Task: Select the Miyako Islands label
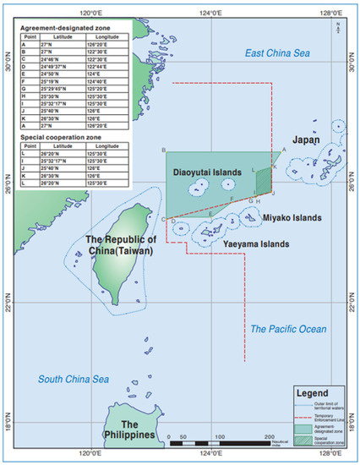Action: [292, 217]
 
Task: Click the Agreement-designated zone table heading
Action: [68, 28]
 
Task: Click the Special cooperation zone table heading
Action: [63, 139]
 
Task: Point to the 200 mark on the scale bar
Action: [272, 436]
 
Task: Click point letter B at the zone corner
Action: [162, 150]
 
